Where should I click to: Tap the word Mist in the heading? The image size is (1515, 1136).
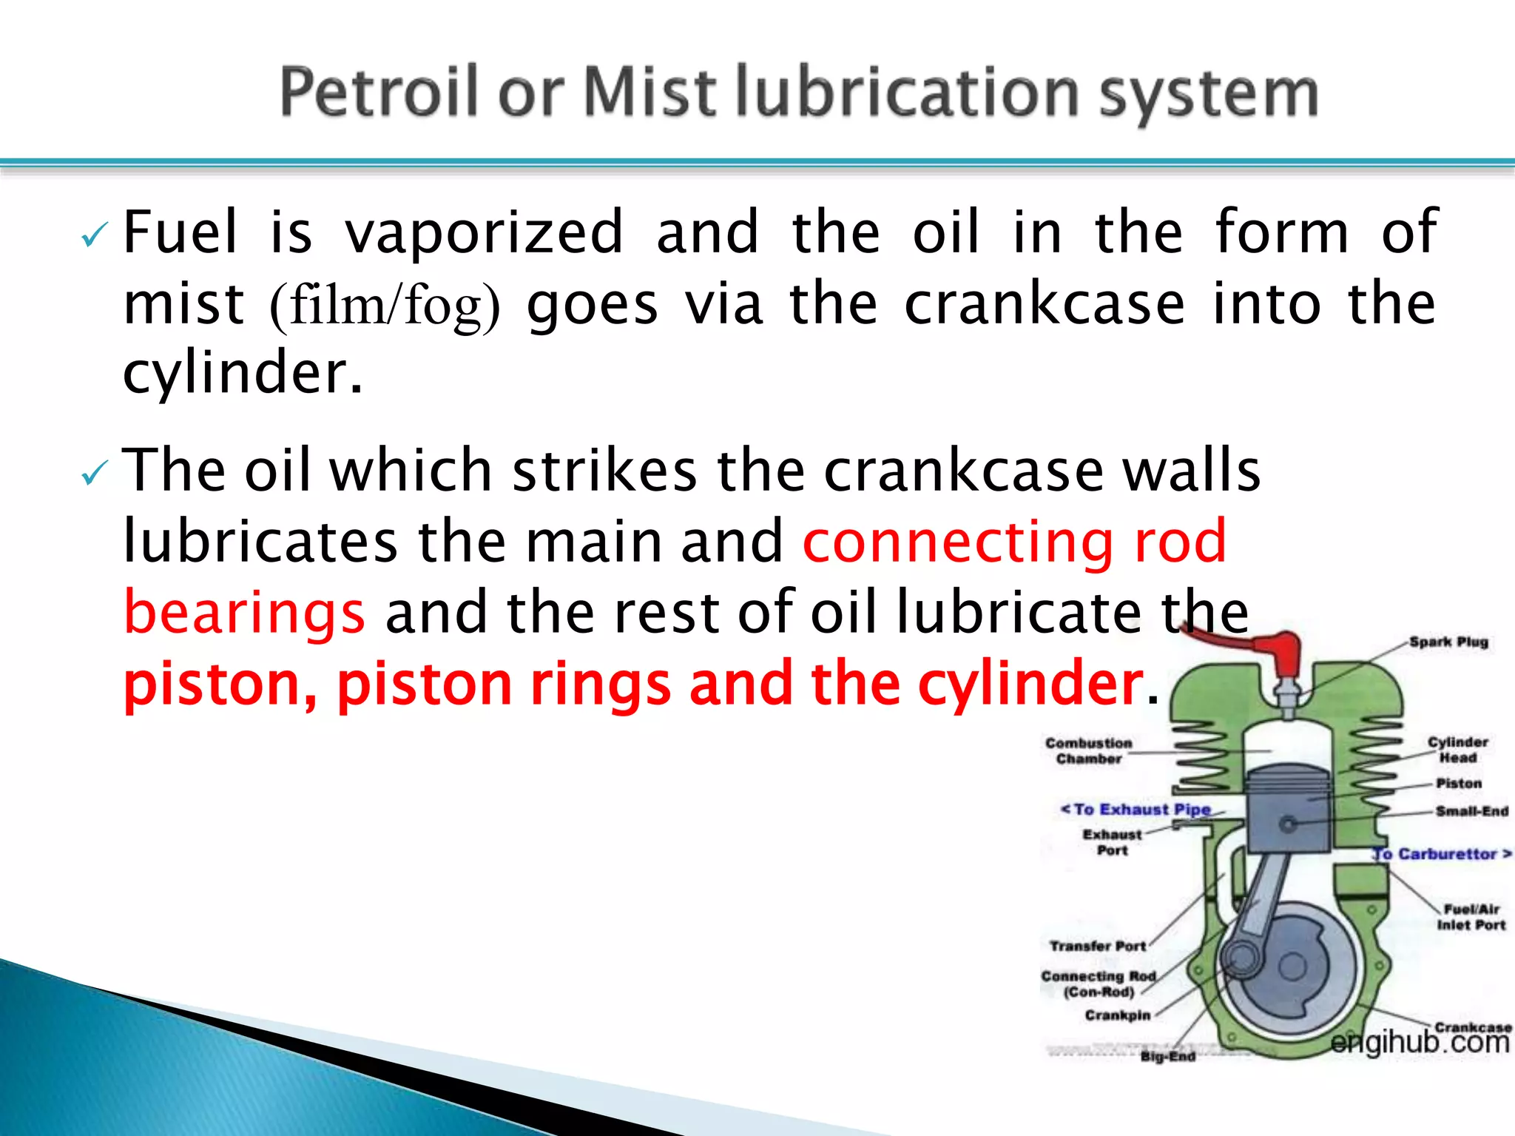coord(651,93)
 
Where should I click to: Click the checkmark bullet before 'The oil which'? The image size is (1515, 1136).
coord(95,473)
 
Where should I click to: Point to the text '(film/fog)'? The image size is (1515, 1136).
coord(385,305)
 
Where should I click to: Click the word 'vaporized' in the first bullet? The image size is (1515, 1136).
coord(485,232)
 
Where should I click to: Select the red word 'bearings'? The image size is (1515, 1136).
coord(244,613)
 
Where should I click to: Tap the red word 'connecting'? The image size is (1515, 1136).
coord(959,542)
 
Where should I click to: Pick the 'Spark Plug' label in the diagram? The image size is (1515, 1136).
coord(1448,642)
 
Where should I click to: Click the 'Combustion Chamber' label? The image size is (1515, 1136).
coord(1088,750)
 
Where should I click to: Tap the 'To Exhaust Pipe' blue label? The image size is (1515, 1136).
coord(1137,810)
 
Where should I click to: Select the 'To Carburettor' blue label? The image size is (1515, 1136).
coord(1443,854)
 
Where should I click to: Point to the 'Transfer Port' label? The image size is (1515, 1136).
coord(1098,946)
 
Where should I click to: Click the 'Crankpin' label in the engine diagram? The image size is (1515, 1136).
coord(1117,1015)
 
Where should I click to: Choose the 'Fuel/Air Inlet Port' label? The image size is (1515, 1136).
coord(1471,917)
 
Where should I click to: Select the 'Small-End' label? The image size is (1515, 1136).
coord(1471,811)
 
